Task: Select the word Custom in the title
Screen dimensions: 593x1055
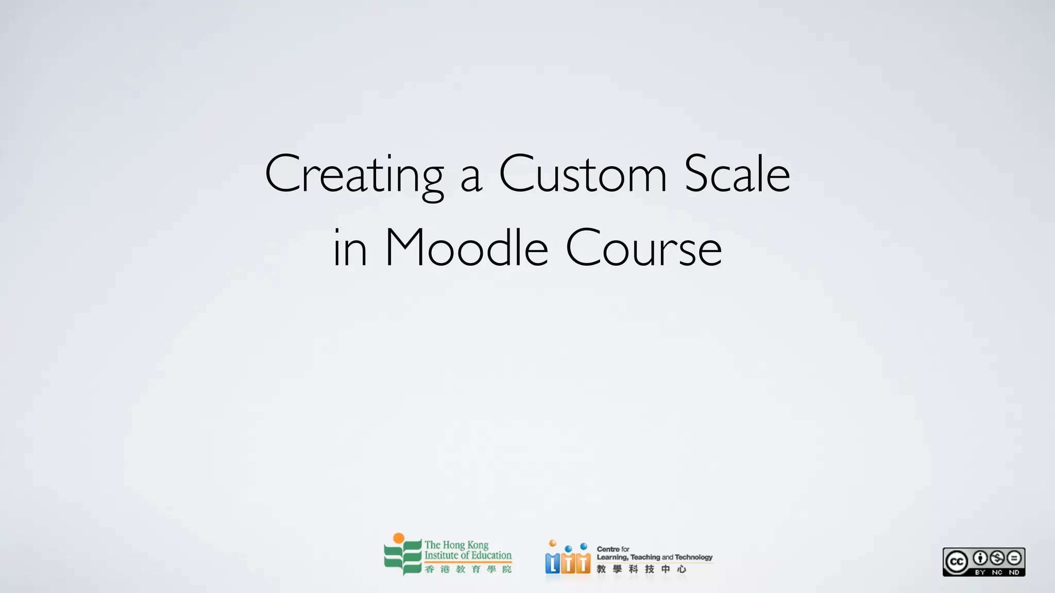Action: click(583, 174)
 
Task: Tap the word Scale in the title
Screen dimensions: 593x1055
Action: click(737, 174)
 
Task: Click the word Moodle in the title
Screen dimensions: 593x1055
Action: click(466, 248)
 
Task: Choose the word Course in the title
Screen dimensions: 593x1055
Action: click(643, 248)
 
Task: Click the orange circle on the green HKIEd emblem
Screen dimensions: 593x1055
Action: click(399, 538)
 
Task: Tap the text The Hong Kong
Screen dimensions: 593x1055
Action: click(456, 545)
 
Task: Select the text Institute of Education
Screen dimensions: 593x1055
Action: click(468, 555)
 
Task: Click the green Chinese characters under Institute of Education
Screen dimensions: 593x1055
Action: click(468, 569)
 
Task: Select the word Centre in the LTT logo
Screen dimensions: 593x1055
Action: click(608, 549)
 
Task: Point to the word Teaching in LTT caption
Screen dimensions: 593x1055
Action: click(645, 557)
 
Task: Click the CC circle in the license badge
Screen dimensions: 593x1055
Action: click(957, 562)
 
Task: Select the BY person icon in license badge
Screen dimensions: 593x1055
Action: click(980, 558)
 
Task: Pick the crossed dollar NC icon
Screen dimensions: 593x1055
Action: click(997, 558)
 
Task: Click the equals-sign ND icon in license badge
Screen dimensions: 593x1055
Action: click(1014, 558)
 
